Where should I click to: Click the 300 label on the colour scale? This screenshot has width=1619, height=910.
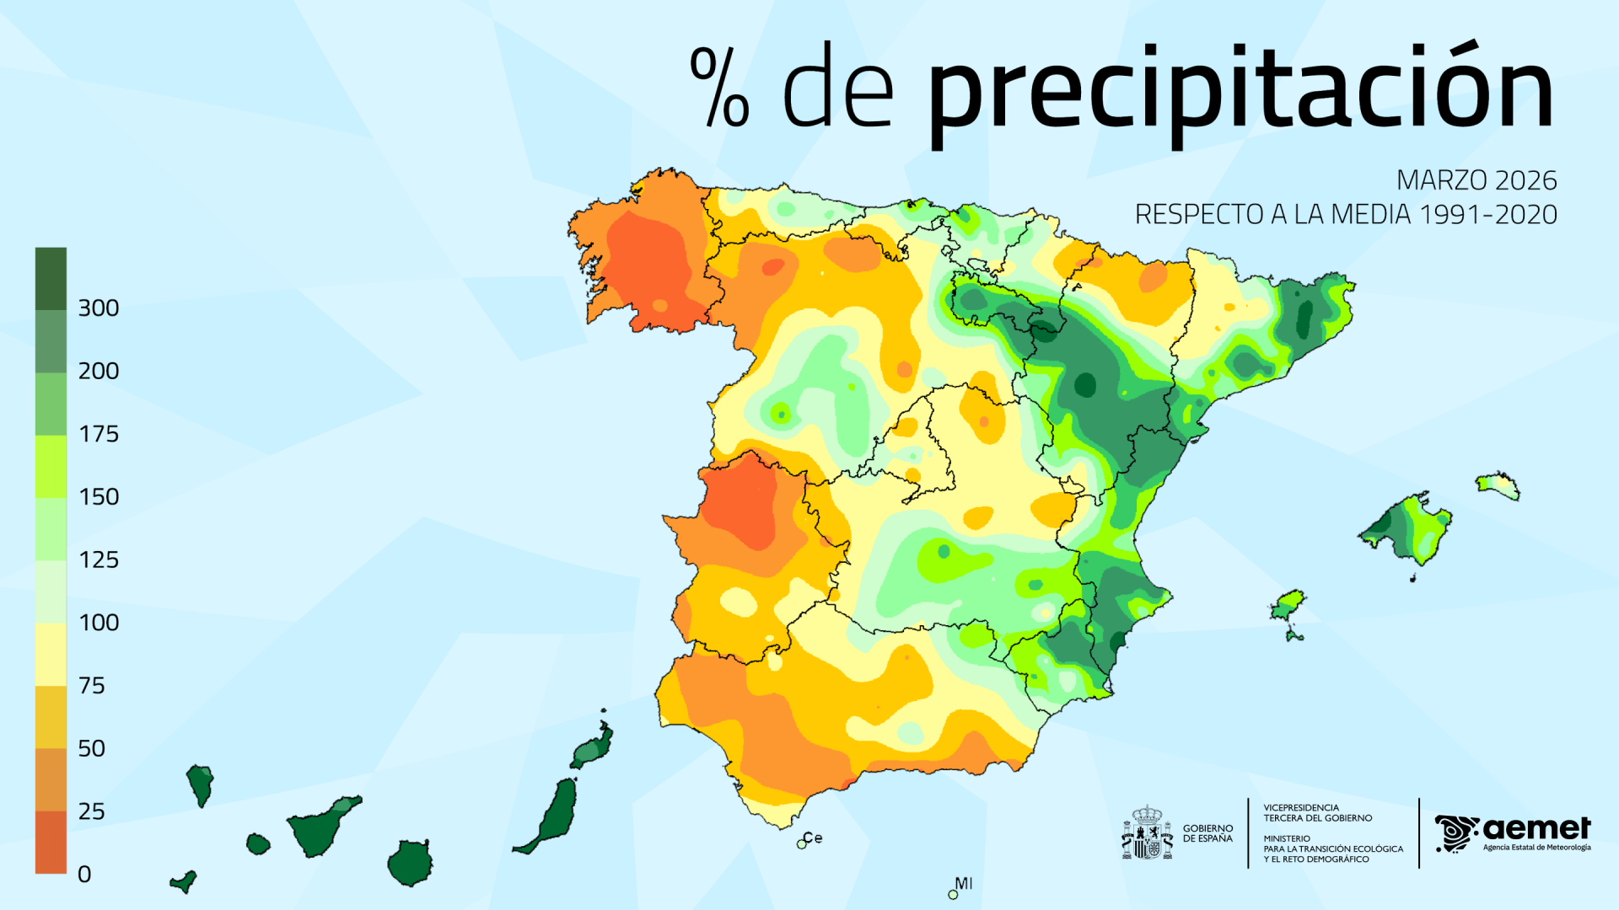point(98,308)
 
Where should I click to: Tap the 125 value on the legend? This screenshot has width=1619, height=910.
point(98,560)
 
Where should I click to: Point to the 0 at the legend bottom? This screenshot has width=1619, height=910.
point(84,875)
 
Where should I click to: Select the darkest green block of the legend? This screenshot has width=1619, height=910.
point(51,278)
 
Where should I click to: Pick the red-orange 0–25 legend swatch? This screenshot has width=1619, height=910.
point(51,842)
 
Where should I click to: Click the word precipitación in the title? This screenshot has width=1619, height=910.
point(1240,93)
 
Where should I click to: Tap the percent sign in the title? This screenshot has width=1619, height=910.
point(719,87)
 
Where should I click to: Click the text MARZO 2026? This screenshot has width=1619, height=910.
point(1476,180)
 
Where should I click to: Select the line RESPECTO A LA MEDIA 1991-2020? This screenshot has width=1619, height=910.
point(1346,215)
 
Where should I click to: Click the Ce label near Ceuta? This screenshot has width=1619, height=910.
point(813,838)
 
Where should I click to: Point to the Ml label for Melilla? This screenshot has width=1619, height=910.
point(963,883)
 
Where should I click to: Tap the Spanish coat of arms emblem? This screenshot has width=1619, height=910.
point(1147,832)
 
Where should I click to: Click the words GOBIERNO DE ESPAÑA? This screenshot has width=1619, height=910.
point(1208,833)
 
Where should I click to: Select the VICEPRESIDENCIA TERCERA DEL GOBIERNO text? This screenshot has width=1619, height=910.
point(1317,813)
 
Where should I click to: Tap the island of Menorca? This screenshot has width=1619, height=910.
point(1498,485)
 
